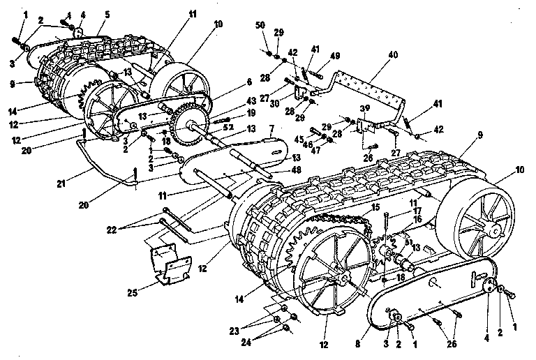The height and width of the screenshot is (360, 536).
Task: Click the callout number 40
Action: (x=393, y=54)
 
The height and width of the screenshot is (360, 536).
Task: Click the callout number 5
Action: (x=107, y=13)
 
